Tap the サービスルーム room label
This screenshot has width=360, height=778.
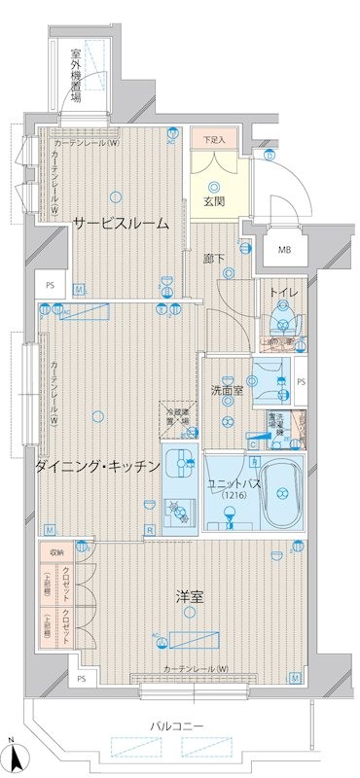(x=121, y=223)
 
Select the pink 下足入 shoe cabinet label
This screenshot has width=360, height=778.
(x=214, y=140)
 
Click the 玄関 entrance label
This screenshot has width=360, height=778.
(x=214, y=201)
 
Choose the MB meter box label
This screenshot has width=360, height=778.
(x=284, y=250)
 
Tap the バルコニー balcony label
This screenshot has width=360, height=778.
(x=176, y=725)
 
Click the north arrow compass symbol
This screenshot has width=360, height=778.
(x=12, y=759)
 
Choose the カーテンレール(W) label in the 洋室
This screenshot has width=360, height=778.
(x=196, y=670)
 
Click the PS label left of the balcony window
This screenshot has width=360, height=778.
(x=83, y=678)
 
